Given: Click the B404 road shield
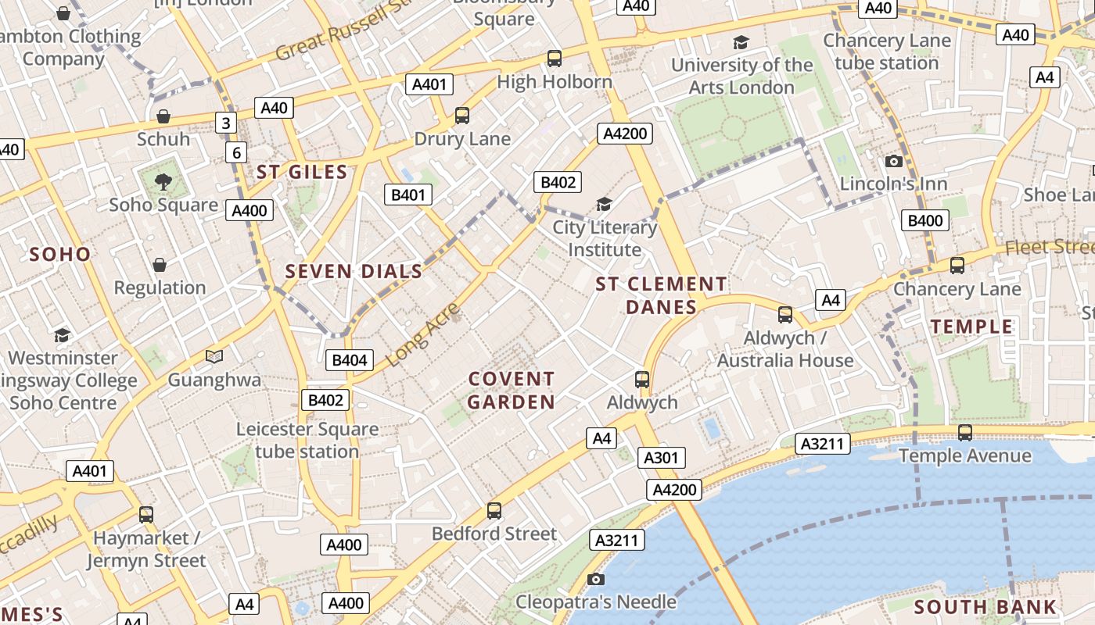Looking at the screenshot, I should point(349,360).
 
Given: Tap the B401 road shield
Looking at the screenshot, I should point(407,195).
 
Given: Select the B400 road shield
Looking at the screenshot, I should point(924,220).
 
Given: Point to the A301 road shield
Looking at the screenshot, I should point(661,458).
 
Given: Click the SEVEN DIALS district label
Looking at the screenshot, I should point(354,272).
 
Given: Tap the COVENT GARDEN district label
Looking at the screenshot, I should point(512,391).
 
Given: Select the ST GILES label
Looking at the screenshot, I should point(302,173).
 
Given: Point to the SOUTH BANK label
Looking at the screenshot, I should point(985,607).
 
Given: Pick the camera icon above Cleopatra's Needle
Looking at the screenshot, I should point(596,579).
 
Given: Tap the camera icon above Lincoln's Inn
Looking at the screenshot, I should point(893,162).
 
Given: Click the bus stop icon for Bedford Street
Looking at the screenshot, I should point(494,511).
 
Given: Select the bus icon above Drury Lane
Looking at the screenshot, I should point(462,116).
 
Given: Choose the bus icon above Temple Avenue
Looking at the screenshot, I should point(965,433).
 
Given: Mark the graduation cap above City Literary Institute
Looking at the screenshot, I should point(604,205).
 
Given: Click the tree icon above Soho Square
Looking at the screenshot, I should point(163,182).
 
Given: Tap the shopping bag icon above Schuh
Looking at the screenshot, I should point(163,116).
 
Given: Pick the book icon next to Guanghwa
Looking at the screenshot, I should point(214,357).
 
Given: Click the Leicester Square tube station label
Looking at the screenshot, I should point(307,441).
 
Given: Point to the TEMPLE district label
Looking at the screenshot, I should point(971,327).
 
